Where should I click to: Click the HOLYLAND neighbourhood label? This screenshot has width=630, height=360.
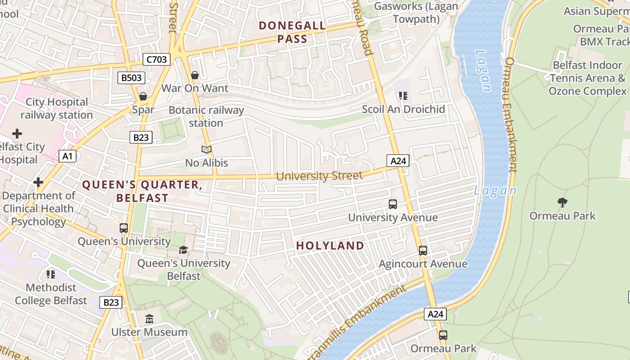[330, 246]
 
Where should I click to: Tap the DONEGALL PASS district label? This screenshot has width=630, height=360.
[292, 32]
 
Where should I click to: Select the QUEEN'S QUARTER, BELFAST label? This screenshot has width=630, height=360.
[142, 191]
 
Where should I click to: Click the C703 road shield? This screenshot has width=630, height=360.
[157, 59]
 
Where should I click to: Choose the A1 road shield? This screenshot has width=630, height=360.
[67, 156]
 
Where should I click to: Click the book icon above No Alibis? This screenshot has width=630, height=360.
[207, 149]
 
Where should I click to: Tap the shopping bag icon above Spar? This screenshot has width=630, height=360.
[143, 96]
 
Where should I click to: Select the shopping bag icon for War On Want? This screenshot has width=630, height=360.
[195, 75]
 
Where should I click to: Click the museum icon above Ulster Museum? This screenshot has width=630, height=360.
[149, 319]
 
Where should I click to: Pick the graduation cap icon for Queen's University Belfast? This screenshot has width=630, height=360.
[183, 250]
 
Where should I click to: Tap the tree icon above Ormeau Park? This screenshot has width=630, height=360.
[562, 202]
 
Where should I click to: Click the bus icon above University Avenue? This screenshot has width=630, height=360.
[393, 204]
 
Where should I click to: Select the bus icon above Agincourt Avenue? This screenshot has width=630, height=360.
[423, 251]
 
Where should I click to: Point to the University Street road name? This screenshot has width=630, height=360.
[319, 175]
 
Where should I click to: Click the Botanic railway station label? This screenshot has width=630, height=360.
[206, 117]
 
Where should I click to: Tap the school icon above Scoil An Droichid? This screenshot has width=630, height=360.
[403, 96]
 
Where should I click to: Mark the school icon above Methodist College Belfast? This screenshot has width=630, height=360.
[51, 274]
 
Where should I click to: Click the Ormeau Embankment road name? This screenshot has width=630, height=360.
[512, 115]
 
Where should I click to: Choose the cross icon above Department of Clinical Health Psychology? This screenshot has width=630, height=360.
[38, 182]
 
